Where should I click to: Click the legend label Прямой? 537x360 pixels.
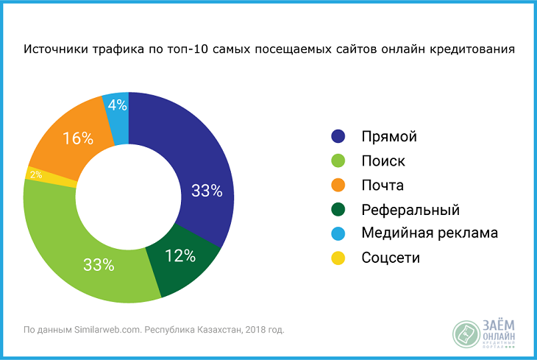[x=389, y=136]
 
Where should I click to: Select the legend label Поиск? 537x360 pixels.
[x=383, y=160]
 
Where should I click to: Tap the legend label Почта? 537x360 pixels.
[x=383, y=185]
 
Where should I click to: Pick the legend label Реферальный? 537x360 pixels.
[x=410, y=209]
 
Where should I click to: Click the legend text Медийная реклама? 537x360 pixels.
[x=430, y=233]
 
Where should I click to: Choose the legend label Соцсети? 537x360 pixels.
[x=391, y=258]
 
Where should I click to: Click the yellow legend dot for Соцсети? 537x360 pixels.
[x=338, y=258]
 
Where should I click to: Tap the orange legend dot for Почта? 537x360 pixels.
[x=338, y=185]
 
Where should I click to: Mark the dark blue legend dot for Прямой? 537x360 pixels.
[x=338, y=136]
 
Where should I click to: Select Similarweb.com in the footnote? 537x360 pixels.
[x=103, y=329]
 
